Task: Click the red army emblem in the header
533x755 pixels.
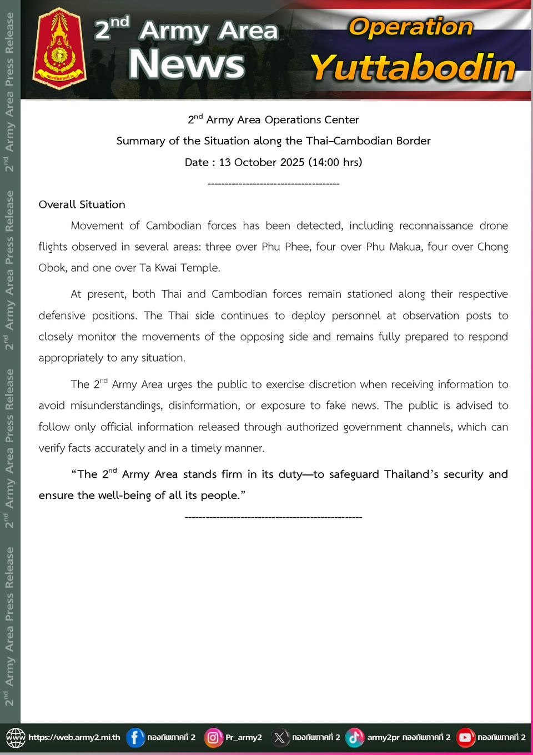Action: click(x=59, y=49)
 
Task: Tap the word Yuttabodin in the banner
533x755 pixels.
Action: click(x=413, y=68)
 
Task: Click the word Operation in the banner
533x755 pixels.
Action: click(x=410, y=27)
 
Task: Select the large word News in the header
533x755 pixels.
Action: click(x=186, y=64)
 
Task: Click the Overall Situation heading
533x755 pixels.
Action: click(x=82, y=204)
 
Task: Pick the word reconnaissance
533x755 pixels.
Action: click(x=436, y=226)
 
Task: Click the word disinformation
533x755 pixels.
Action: click(x=204, y=406)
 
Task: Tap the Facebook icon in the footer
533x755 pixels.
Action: click(x=135, y=737)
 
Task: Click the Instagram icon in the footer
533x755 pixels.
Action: click(x=213, y=737)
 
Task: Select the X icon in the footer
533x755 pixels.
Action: click(x=279, y=737)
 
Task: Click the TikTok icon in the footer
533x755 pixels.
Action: click(x=354, y=737)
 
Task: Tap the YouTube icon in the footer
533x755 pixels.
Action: click(x=465, y=737)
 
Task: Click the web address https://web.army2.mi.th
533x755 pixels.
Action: click(x=74, y=737)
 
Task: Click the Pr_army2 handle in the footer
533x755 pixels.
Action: click(x=244, y=737)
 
